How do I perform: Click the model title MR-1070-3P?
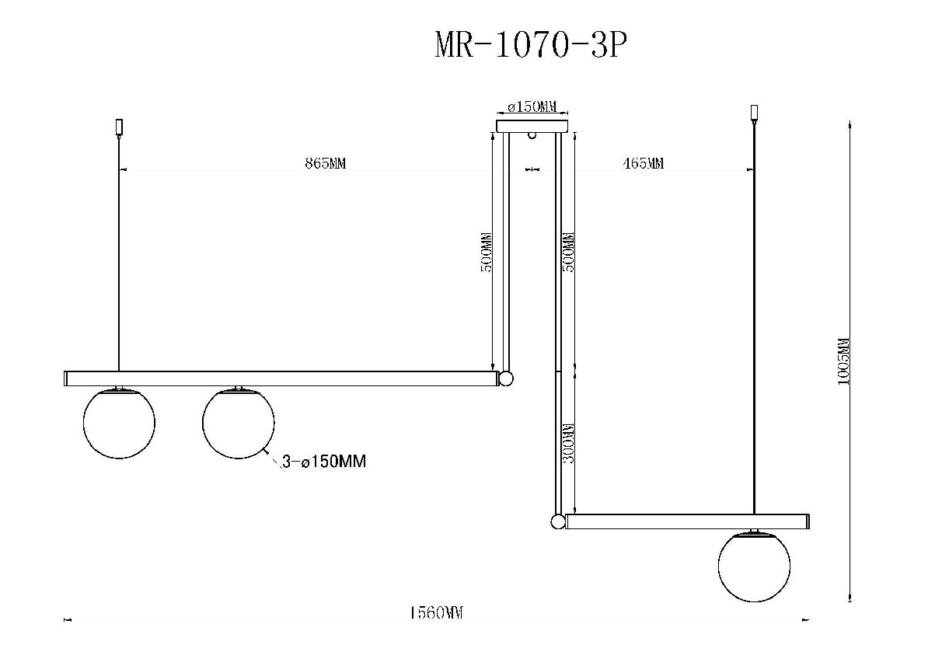531,45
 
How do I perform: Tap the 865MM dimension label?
326,163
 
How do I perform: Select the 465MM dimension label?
644,163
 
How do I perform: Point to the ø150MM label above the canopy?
532,106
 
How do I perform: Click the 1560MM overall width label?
437,612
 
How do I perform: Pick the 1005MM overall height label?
843,361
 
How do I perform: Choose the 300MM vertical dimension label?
568,443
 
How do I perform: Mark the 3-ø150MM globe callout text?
324,462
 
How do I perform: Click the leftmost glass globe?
119,423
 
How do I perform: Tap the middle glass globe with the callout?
239,423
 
